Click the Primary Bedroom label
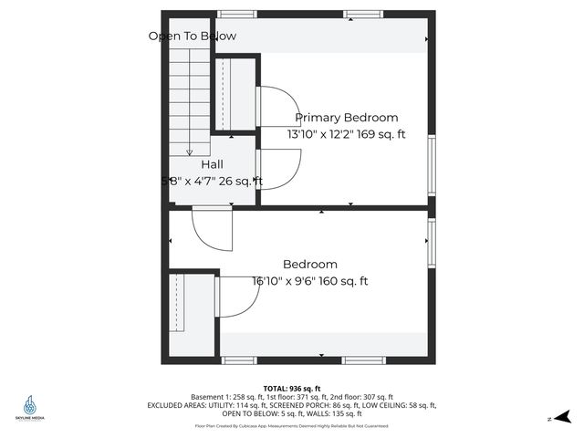tap(346, 118)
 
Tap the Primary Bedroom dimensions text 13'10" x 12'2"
tap(346, 134)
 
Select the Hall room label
tap(212, 164)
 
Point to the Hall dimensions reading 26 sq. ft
tap(212, 181)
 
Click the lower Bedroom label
tap(309, 265)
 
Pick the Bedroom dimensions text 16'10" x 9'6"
tap(309, 281)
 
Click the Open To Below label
tap(193, 36)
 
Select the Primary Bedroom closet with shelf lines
tap(236, 94)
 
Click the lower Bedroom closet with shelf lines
tap(192, 306)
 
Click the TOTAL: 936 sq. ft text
tap(291, 389)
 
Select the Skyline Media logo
tap(30, 407)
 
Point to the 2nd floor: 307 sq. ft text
tap(363, 398)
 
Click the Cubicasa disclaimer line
tap(291, 425)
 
